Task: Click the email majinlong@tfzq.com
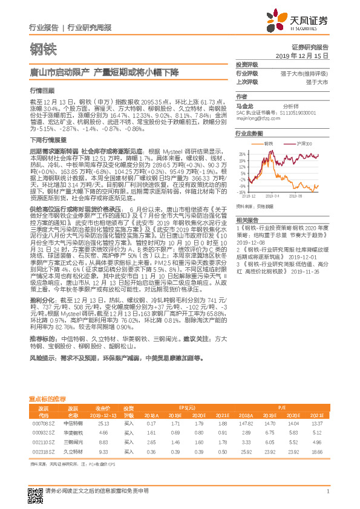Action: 258,118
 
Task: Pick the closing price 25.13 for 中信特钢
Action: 103,424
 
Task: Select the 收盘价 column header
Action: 102,408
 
